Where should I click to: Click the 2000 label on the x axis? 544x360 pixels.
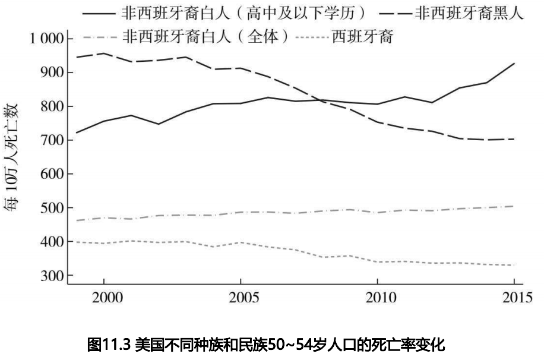(104, 297)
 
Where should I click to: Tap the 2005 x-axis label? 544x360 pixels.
(241, 297)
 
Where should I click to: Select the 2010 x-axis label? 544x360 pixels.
(377, 297)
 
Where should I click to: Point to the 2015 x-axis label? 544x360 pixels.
(513, 297)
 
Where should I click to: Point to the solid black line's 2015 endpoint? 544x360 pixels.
(514, 63)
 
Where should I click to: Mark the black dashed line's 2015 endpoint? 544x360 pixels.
(514, 139)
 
